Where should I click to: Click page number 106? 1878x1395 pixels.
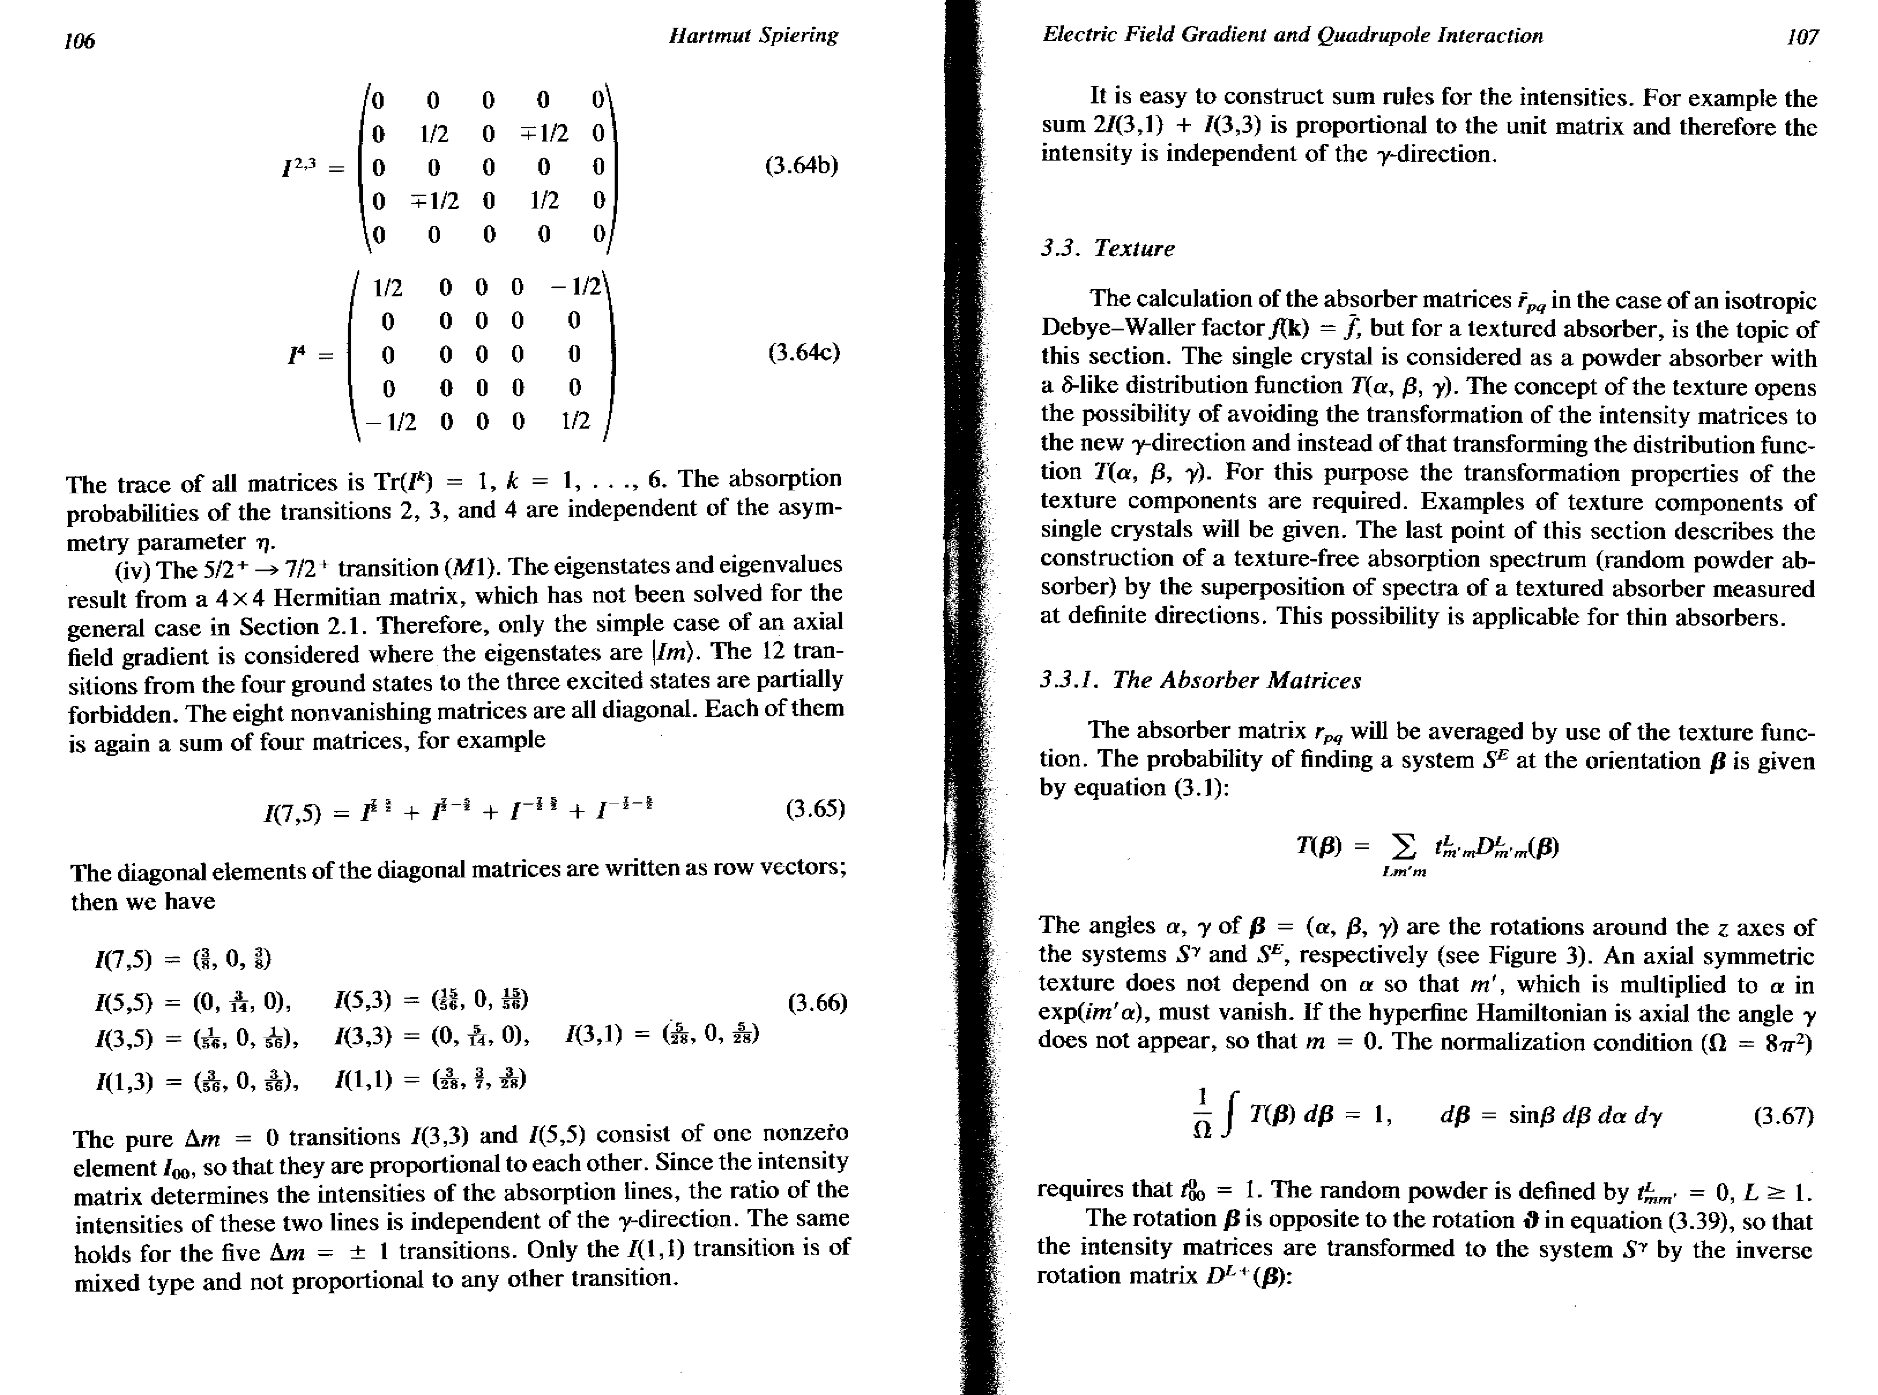(x=79, y=40)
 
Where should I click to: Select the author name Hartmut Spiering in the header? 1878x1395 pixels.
(x=753, y=35)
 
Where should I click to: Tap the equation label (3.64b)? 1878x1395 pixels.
(x=801, y=165)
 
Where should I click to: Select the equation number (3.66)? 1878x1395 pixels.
(x=817, y=1003)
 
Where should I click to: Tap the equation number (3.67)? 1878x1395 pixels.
(x=1783, y=1117)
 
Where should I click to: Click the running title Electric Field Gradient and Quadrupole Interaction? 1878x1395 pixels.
(x=1292, y=35)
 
